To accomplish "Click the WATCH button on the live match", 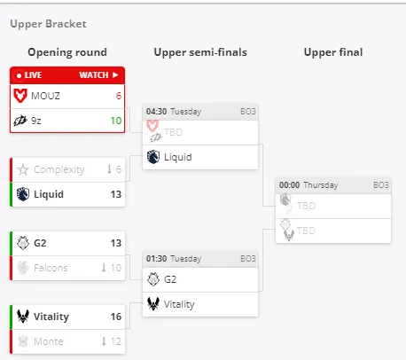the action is [x=98, y=75].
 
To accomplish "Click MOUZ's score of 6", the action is [x=119, y=96].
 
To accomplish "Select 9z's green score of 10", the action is [x=116, y=121].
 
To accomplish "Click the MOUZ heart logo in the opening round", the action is [x=20, y=96].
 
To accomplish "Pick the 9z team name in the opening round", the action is [x=36, y=121].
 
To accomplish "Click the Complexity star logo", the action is [x=23, y=169].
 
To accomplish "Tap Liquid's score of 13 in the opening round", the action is [x=116, y=194].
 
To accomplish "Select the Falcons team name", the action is [x=51, y=268].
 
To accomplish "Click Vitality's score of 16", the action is [x=116, y=317].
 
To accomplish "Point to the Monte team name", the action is [x=49, y=341].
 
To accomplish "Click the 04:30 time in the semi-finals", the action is [x=156, y=112].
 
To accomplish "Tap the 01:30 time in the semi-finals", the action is [x=156, y=259].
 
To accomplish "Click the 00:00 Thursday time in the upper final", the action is [x=308, y=185].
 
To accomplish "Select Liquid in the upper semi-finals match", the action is [x=178, y=157].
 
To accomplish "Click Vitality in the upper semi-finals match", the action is [x=179, y=304].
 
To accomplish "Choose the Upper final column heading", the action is [x=333, y=52].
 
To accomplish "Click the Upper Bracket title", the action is [x=49, y=24].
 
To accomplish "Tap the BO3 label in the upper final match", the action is [x=381, y=185].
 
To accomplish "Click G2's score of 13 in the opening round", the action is [x=116, y=243].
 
